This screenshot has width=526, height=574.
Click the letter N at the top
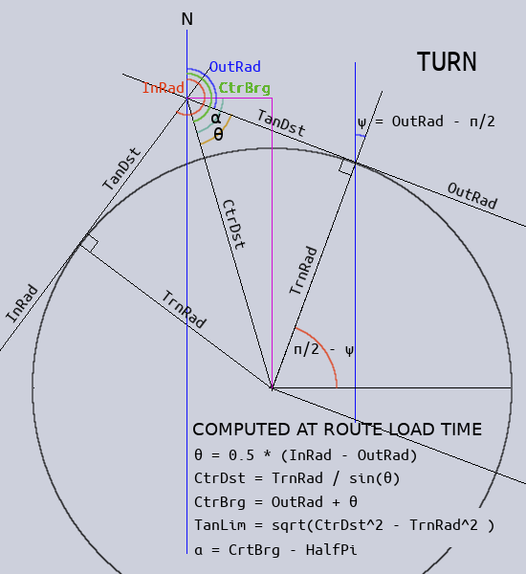click(x=187, y=19)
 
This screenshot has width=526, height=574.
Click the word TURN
click(x=447, y=61)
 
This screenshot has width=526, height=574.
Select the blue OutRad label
click(x=235, y=67)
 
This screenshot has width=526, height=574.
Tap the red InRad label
click(x=164, y=88)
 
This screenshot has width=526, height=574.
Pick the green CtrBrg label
click(x=245, y=88)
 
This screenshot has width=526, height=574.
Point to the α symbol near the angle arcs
click(x=216, y=118)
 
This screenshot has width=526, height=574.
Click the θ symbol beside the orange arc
click(x=218, y=135)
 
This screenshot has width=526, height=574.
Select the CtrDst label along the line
click(x=234, y=225)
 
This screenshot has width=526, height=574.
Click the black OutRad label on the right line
click(x=472, y=195)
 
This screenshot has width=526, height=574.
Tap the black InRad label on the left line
click(x=22, y=304)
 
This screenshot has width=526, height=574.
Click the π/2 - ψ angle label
click(x=324, y=350)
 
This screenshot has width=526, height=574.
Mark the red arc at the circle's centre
click(x=323, y=346)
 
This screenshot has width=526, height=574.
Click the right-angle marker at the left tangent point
click(x=89, y=242)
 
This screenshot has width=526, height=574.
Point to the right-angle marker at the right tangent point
click(x=346, y=167)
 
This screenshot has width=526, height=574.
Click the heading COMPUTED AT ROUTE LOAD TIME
click(x=338, y=430)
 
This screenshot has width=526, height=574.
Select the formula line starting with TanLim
click(x=344, y=525)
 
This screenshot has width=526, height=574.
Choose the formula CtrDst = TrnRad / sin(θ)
click(x=296, y=478)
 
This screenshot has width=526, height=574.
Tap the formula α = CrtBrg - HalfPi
click(x=275, y=550)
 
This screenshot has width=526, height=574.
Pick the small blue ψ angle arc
click(x=361, y=136)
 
